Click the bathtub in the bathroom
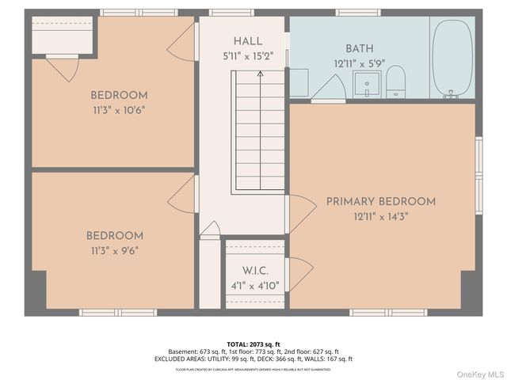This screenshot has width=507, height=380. tap(452, 57)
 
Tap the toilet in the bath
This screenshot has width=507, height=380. tap(395, 82)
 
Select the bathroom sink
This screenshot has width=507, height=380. tap(367, 83)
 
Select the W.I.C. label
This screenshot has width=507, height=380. tap(255, 271)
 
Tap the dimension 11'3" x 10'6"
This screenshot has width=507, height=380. tap(118, 111)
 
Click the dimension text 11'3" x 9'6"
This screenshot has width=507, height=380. tap(115, 251)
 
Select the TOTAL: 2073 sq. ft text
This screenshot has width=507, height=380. tap(253, 344)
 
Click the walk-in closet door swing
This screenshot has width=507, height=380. tap(299, 274)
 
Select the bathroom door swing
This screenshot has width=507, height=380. tap(327, 88)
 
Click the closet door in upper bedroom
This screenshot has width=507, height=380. tap(62, 67)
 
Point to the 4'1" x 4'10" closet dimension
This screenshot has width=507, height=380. tap(255, 286)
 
